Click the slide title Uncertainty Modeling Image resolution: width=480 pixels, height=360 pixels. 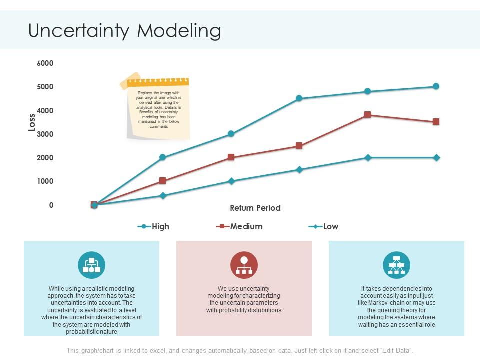click(125, 31)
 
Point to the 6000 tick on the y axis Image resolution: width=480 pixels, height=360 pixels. click(45, 63)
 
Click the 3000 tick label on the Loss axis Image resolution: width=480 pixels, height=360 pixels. click(45, 134)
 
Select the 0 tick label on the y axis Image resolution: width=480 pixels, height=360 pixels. click(51, 205)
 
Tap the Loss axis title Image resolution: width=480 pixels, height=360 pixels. click(32, 122)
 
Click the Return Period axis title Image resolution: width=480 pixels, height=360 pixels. click(255, 208)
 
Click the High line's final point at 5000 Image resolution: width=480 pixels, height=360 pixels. click(436, 86)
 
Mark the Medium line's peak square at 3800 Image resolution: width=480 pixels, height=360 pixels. click(368, 115)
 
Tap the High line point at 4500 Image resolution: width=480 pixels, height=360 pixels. click(299, 98)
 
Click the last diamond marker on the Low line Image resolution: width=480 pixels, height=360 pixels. click(436, 158)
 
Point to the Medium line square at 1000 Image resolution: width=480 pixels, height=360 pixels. click(162, 181)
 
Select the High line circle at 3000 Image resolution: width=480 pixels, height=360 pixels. click(231, 134)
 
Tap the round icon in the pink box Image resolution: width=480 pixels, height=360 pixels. click(244, 265)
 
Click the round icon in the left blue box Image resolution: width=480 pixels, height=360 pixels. click(91, 265)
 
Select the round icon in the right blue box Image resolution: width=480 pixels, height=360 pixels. click(396, 265)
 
